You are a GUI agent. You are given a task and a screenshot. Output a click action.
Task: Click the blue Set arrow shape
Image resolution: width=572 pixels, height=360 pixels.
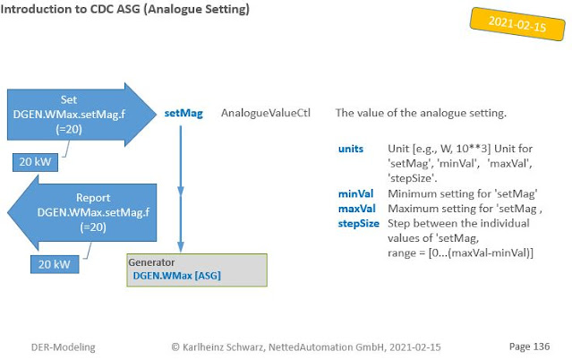(76, 114)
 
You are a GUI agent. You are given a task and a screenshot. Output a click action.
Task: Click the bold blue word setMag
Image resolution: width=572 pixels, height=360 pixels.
(184, 114)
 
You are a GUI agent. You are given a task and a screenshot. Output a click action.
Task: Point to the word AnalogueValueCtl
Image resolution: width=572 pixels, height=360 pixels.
(265, 114)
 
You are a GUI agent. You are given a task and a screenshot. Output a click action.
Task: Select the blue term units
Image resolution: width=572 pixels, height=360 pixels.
(351, 148)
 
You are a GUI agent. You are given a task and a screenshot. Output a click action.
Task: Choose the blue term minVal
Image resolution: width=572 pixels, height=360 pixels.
(355, 193)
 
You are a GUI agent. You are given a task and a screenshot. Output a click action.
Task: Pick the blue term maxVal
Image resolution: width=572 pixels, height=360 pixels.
(356, 209)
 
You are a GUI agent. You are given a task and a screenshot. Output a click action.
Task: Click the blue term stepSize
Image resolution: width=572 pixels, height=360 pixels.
(358, 223)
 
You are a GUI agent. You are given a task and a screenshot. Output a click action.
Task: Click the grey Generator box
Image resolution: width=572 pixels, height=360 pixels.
(197, 270)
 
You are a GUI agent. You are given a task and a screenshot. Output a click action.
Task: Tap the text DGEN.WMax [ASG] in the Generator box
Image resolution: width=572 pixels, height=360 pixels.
(176, 276)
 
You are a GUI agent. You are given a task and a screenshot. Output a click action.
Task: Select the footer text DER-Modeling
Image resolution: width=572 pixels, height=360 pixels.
(64, 345)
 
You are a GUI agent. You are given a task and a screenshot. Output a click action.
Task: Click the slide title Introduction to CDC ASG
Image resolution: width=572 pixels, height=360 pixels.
(125, 11)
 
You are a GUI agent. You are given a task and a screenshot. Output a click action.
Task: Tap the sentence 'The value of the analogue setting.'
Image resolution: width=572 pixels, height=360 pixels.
(421, 114)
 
